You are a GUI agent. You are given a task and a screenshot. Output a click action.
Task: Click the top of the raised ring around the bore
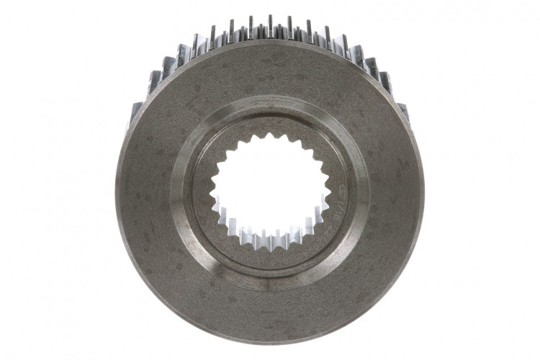click(269, 101)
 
